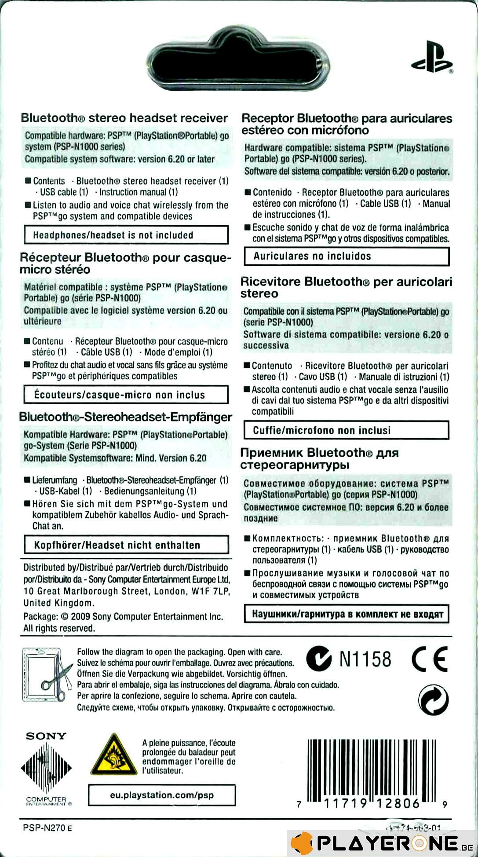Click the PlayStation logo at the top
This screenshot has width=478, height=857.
click(431, 57)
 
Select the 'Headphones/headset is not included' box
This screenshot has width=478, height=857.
click(126, 235)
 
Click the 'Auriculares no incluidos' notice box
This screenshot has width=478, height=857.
click(347, 256)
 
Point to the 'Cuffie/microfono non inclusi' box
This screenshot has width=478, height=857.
click(346, 430)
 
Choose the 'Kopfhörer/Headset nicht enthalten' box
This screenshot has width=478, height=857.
click(126, 545)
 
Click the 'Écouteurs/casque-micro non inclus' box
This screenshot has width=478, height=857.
click(126, 395)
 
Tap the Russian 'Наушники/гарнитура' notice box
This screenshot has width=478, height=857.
click(347, 614)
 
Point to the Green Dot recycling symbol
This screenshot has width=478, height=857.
click(433, 700)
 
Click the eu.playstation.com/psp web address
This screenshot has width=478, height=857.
click(162, 795)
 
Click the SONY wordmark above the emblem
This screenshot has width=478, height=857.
click(46, 736)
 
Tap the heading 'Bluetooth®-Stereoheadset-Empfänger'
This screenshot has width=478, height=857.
click(125, 417)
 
